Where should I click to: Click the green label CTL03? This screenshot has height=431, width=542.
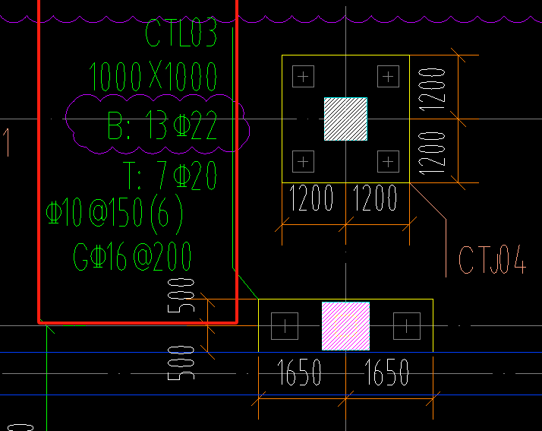(x=181, y=33)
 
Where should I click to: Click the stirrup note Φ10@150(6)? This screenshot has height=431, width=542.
(x=115, y=215)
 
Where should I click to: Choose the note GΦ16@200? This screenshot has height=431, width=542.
(x=133, y=257)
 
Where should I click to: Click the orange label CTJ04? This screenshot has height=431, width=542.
(x=492, y=260)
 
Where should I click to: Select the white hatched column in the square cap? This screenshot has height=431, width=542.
(x=345, y=119)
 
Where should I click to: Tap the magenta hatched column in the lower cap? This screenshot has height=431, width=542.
(x=345, y=325)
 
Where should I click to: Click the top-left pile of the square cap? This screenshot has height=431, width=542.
(x=303, y=76)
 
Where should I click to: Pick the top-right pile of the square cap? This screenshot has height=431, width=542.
(x=388, y=76)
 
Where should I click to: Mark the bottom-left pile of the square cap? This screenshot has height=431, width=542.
(x=303, y=160)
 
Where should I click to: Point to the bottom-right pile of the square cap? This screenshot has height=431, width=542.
(x=388, y=160)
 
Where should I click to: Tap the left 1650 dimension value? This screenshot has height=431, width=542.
(x=300, y=372)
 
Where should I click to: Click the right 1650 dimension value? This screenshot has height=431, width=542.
(x=387, y=372)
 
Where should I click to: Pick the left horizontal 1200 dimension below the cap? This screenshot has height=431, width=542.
(x=311, y=199)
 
